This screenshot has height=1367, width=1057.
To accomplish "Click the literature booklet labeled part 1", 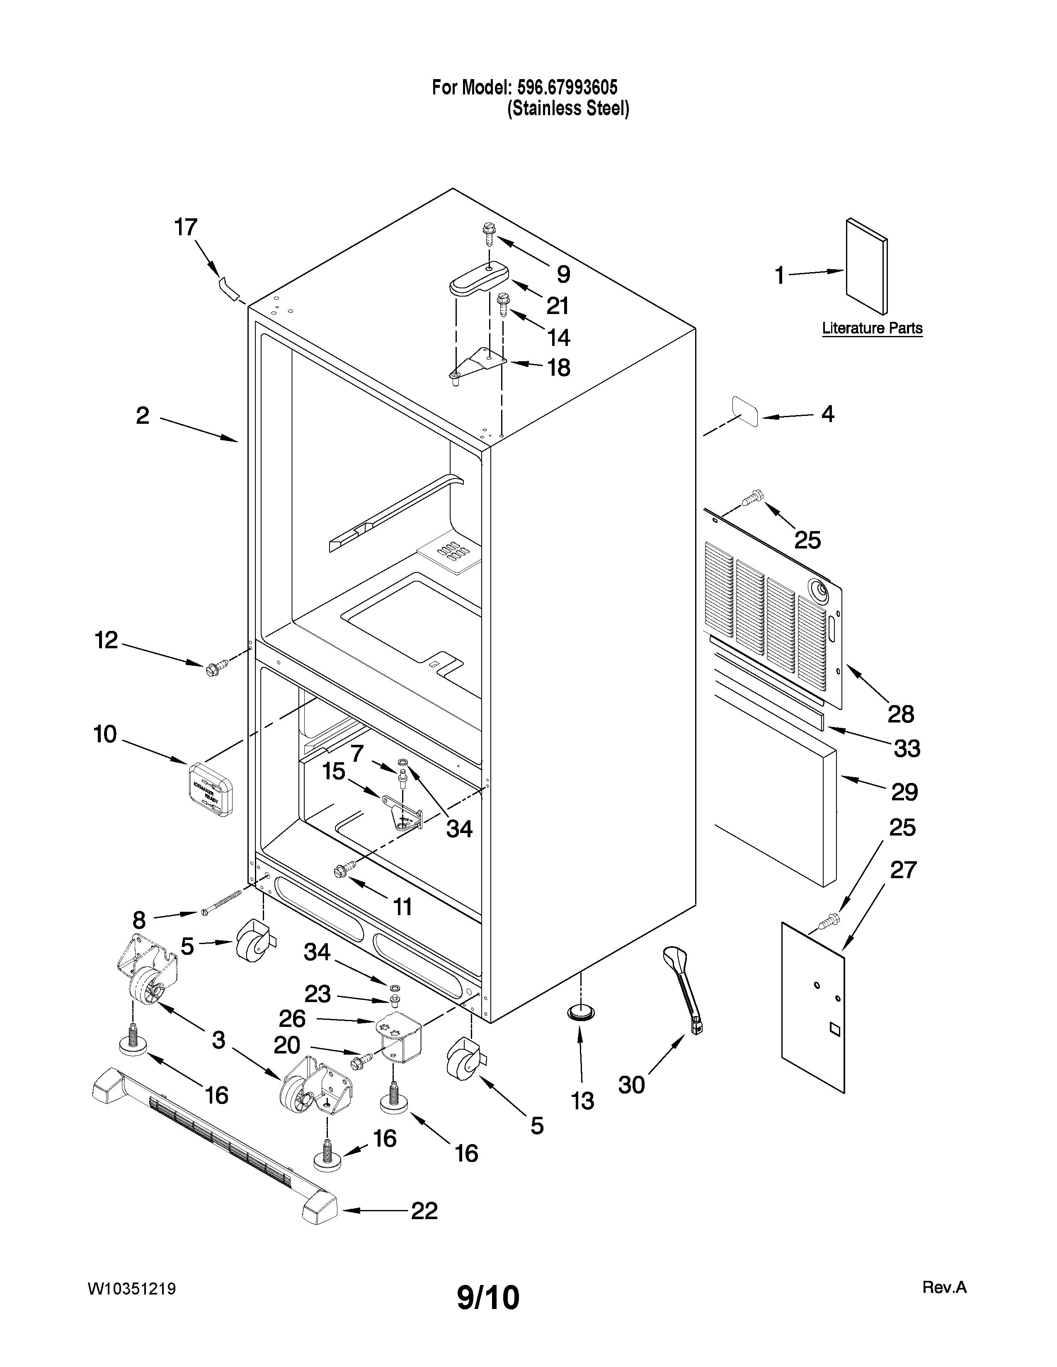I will (x=866, y=266).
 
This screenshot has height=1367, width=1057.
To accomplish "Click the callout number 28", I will (x=900, y=714).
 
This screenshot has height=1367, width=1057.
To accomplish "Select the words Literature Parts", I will (x=872, y=328).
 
